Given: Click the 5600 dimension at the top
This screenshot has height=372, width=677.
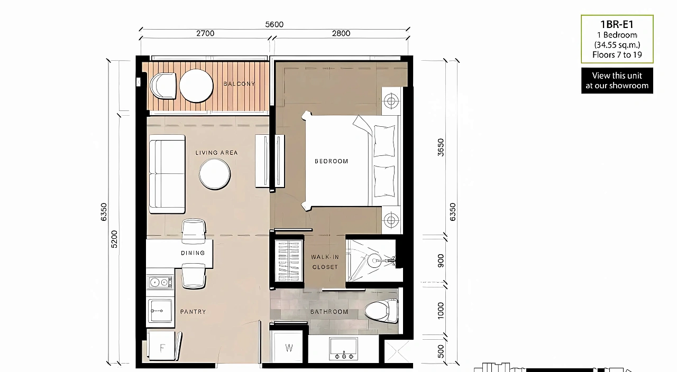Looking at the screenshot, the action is click(x=274, y=24).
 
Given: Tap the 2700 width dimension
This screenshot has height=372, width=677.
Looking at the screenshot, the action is click(x=205, y=33).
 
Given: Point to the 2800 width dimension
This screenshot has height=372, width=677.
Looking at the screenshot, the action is click(x=341, y=33).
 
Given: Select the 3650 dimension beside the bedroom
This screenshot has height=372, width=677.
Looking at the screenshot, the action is click(x=441, y=147).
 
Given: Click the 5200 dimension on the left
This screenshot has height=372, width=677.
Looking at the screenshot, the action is click(x=114, y=239).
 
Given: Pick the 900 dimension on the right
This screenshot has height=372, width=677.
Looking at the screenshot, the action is click(x=441, y=261).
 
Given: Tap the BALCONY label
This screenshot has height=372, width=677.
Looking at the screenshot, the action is click(x=239, y=83).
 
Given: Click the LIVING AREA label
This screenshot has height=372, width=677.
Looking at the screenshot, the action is click(x=216, y=153).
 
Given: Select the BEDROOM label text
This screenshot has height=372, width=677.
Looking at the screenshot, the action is click(x=331, y=161).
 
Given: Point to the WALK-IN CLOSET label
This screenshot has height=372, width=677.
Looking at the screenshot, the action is click(x=325, y=262).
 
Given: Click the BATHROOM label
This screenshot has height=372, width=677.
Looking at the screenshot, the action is click(x=329, y=312).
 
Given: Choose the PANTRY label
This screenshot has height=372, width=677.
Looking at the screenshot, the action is click(x=193, y=312).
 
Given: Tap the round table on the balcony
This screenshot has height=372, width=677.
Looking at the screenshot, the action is click(x=196, y=86).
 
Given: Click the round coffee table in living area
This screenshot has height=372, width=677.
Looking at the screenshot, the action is click(x=215, y=174).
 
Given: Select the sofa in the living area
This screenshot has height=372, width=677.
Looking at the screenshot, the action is click(x=167, y=174).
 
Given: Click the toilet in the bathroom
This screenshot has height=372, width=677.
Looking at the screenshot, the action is click(x=381, y=311).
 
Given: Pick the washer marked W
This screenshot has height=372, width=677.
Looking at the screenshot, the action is click(x=288, y=347).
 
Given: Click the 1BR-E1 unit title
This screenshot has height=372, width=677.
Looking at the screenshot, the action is click(x=617, y=24).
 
